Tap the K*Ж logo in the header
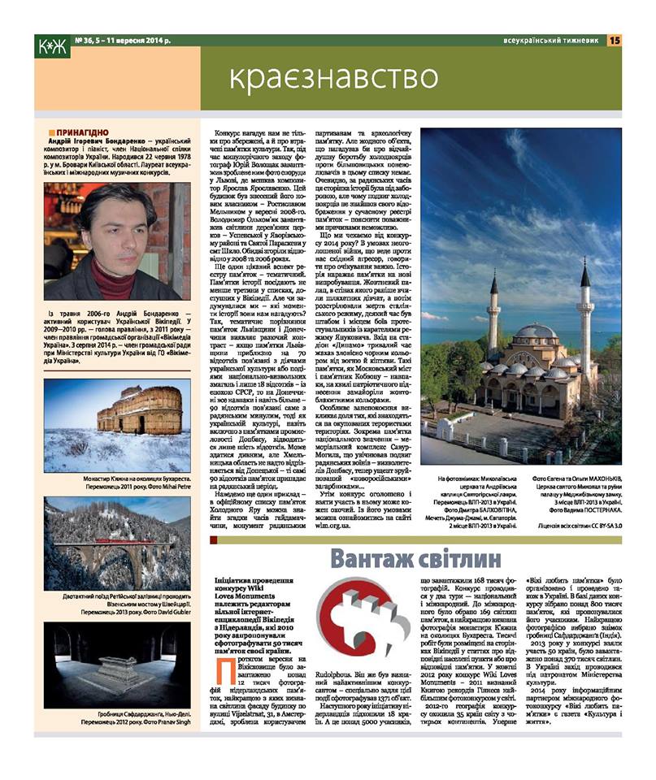tap(53, 47)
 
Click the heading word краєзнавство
tap(333, 78)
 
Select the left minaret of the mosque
tap(493, 325)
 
